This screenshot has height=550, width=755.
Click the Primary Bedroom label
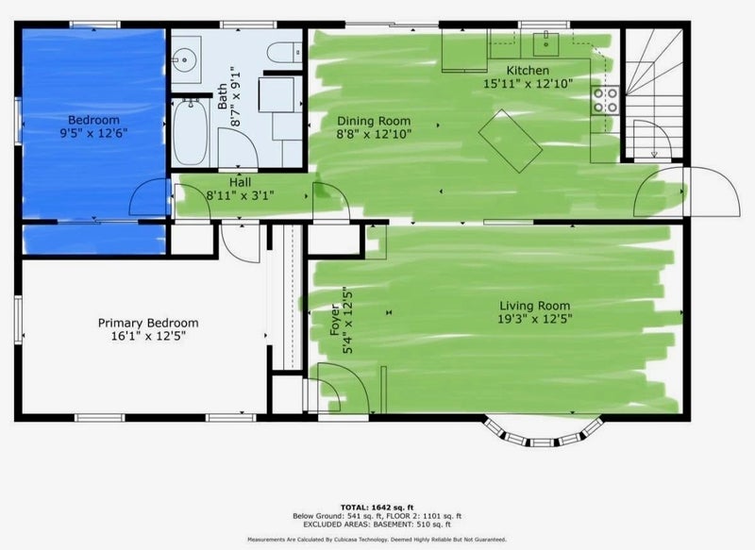click(148, 323)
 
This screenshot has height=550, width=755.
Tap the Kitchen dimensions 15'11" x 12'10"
click(528, 84)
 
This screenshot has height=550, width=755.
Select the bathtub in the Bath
click(191, 132)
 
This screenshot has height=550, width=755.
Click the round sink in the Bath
click(184, 60)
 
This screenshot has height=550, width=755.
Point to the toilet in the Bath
click(284, 52)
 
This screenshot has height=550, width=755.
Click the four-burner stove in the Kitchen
click(605, 100)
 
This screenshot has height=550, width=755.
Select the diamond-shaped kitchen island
click(511, 141)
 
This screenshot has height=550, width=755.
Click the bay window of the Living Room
click(544, 434)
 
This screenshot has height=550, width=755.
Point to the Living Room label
click(534, 306)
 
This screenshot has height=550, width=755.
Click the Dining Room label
click(374, 121)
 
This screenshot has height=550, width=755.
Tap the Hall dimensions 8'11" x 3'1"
click(240, 196)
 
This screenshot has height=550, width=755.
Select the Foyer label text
click(335, 320)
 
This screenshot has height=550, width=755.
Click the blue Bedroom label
click(93, 120)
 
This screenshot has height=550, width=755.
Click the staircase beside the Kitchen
click(654, 93)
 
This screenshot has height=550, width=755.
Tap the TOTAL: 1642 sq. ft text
click(377, 508)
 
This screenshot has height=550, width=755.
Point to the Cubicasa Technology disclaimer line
click(377, 540)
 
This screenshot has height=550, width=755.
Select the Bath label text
click(222, 96)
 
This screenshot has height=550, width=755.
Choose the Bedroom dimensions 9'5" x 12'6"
click(93, 133)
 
